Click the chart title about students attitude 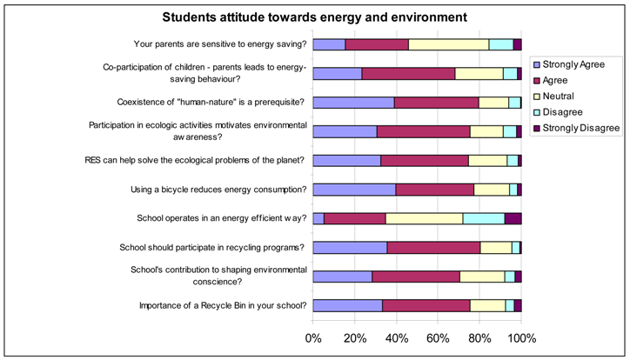pyautogui.click(x=314, y=17)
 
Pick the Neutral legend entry pyautogui.click(x=566, y=95)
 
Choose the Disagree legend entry pyautogui.click(x=570, y=111)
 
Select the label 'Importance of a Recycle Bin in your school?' pyautogui.click(x=222, y=305)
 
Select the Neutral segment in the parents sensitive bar pyautogui.click(x=448, y=44)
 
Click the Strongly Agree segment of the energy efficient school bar pyautogui.click(x=318, y=218)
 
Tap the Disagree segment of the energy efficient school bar pyautogui.click(x=483, y=218)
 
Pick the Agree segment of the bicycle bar pyautogui.click(x=435, y=189)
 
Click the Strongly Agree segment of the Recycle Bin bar pyautogui.click(x=347, y=305)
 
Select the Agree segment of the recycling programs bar pyautogui.click(x=433, y=247)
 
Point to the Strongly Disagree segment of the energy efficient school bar pyautogui.click(x=513, y=218)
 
